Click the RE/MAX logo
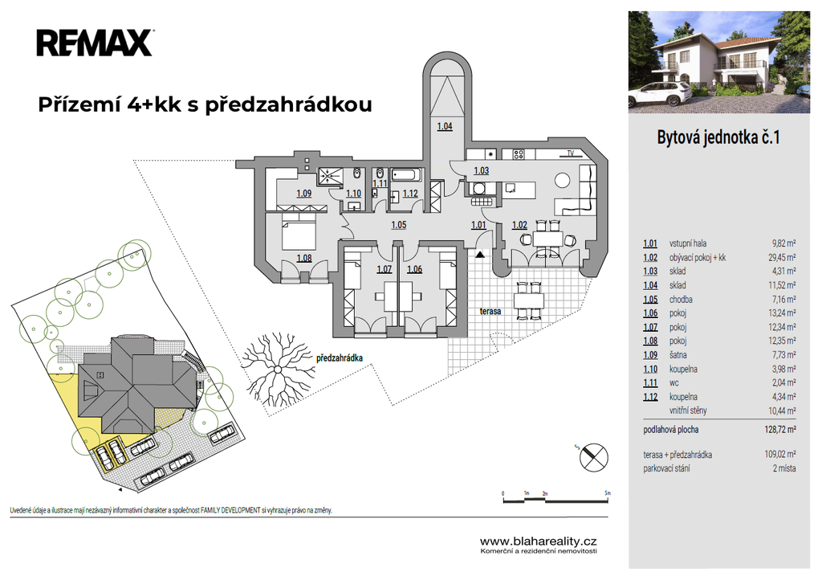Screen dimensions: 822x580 pyautogui.click(x=95, y=43)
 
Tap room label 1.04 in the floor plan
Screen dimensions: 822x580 pyautogui.click(x=445, y=126)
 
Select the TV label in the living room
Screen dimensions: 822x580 pyautogui.click(x=571, y=153)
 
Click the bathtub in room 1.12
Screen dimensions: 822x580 pyautogui.click(x=406, y=174)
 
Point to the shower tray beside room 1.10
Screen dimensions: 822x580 pyautogui.click(x=331, y=175)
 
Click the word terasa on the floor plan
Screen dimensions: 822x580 pyautogui.click(x=490, y=311)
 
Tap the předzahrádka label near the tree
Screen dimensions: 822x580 pyautogui.click(x=340, y=358)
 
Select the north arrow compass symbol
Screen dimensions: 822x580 pyautogui.click(x=593, y=455)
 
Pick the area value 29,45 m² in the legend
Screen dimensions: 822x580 pyautogui.click(x=780, y=258)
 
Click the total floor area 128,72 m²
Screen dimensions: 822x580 pyautogui.click(x=780, y=430)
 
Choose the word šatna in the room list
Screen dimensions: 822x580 pyautogui.click(x=678, y=355)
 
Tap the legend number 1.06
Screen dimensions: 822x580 pyautogui.click(x=650, y=313)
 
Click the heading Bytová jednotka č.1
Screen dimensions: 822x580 pyautogui.click(x=718, y=137)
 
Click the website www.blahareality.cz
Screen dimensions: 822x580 pyautogui.click(x=539, y=541)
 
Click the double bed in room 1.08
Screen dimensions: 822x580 pyautogui.click(x=299, y=234)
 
